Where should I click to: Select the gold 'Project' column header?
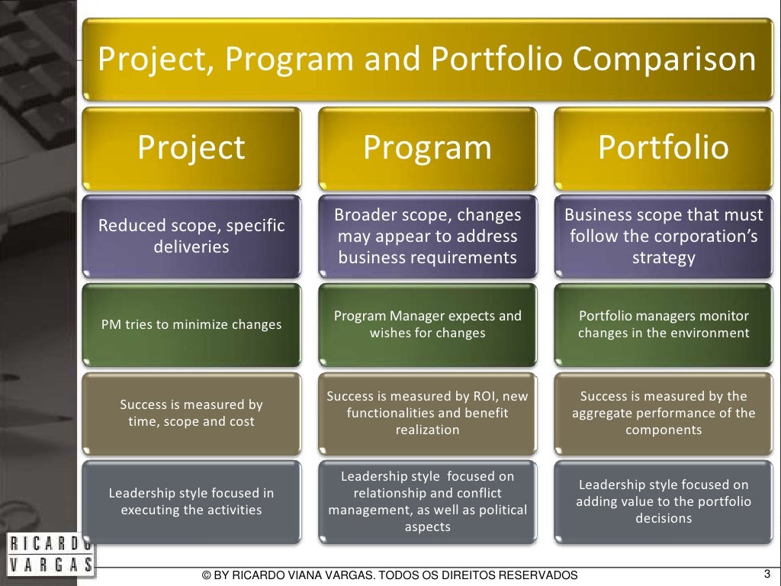(191, 148)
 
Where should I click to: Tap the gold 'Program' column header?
(427, 148)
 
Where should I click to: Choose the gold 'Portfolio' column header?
(663, 148)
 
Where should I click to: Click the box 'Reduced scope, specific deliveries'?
(191, 237)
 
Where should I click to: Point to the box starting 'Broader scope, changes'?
(427, 237)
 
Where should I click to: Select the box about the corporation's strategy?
(663, 237)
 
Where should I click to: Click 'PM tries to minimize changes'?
(191, 324)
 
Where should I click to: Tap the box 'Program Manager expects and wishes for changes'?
(427, 324)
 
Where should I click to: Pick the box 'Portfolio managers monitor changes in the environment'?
(663, 324)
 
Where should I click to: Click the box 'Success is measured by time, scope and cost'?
(191, 413)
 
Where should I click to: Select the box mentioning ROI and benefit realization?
(427, 413)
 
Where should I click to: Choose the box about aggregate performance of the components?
(663, 413)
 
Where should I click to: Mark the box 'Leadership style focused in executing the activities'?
(191, 501)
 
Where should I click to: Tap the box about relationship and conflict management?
(427, 501)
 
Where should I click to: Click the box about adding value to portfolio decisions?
(663, 501)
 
